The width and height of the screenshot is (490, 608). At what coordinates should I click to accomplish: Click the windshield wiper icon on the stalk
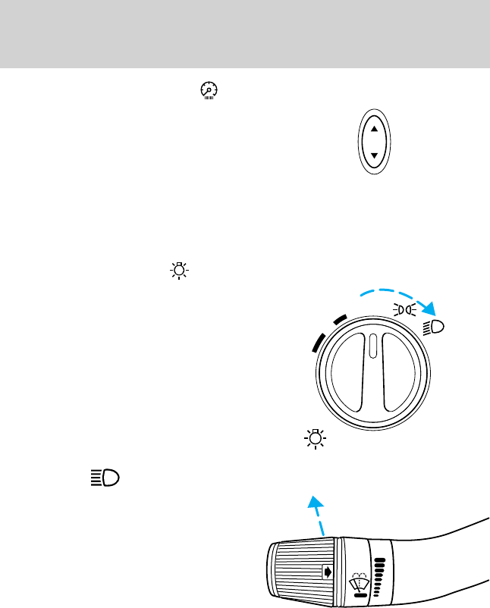[x=359, y=582]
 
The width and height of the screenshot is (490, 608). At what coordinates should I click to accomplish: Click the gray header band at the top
[x=245, y=34]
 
